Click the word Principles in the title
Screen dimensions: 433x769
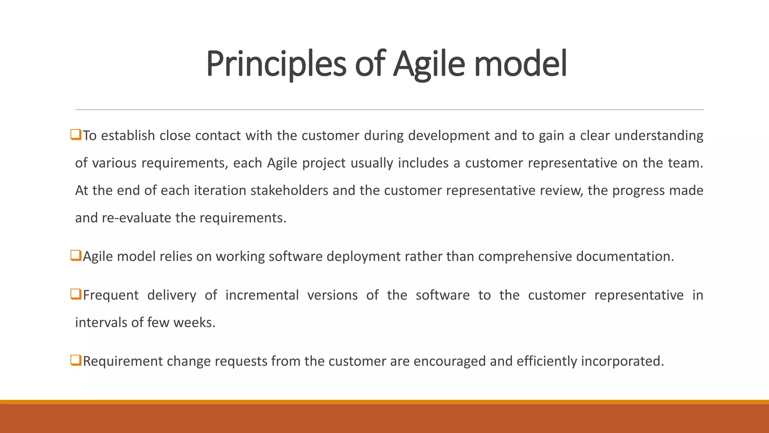click(x=276, y=64)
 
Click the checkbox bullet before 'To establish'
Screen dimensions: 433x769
click(x=76, y=135)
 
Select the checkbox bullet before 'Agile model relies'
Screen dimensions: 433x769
click(x=76, y=256)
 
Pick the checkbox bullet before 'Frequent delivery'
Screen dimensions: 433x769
click(x=76, y=294)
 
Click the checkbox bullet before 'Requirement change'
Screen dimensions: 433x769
click(x=76, y=360)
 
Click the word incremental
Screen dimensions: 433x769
click(x=262, y=295)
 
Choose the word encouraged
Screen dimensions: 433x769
click(x=449, y=361)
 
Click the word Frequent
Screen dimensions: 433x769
click(x=111, y=295)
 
